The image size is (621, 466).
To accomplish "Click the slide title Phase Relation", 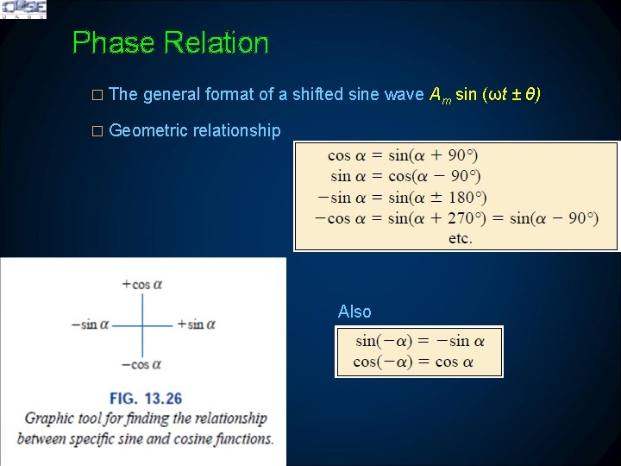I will click(x=170, y=42).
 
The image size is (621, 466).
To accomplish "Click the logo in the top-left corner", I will click(x=23, y=9).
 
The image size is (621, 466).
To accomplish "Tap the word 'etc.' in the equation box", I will click(x=460, y=238).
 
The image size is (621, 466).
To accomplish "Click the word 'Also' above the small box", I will click(x=354, y=312).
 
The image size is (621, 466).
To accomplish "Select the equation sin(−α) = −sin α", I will click(x=419, y=341).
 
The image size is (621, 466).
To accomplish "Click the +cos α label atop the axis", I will click(x=142, y=284).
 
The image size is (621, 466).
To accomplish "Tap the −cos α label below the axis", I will click(x=142, y=364).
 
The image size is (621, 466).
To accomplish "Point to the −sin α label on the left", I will click(x=91, y=324).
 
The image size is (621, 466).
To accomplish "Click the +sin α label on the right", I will click(x=196, y=324).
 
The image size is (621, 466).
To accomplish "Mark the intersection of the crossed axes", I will click(x=143, y=324).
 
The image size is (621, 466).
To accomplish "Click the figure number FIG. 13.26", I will click(x=146, y=399).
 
